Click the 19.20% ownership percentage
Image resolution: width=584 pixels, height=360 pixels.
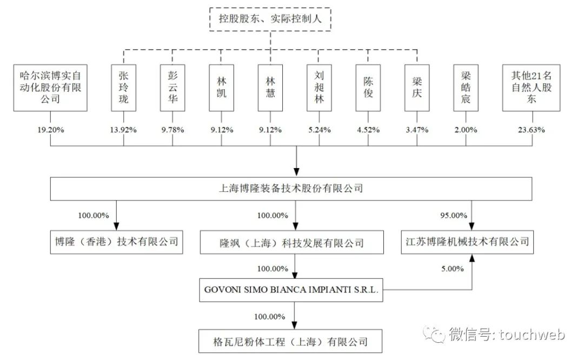click(50, 130)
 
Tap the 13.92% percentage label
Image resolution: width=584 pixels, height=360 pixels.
click(123, 130)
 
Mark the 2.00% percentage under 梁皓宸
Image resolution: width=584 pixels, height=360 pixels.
click(466, 130)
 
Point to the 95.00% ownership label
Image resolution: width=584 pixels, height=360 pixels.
click(454, 215)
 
